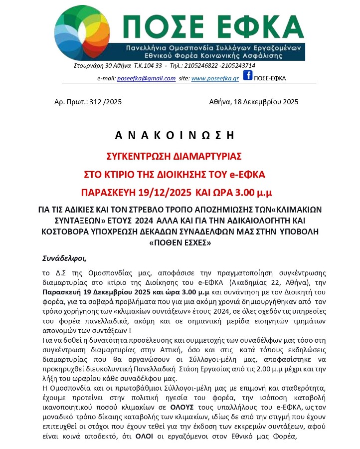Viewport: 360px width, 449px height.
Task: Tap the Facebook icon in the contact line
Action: [247, 76]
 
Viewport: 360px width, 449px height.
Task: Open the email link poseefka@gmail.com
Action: [146, 78]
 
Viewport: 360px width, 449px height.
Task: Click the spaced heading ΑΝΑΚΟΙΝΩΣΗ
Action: [175, 135]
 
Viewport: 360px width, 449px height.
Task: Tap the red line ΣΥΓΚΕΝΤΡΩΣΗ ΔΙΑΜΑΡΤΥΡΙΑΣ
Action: [175, 156]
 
